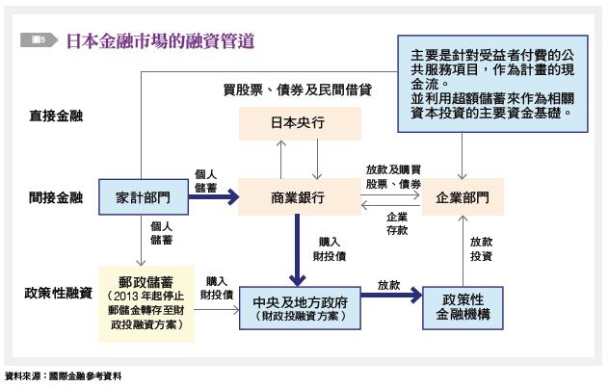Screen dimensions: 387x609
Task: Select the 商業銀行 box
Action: pyautogui.click(x=297, y=197)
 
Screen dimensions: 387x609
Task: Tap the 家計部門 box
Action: pyautogui.click(x=142, y=197)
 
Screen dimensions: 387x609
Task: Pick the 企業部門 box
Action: pyautogui.click(x=462, y=197)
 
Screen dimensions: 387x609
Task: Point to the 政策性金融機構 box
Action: pyautogui.click(x=463, y=303)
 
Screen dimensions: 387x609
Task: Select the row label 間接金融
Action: pyautogui.click(x=55, y=198)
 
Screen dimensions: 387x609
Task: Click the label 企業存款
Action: pyautogui.click(x=397, y=223)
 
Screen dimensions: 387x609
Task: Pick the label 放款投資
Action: pyautogui.click(x=481, y=250)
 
